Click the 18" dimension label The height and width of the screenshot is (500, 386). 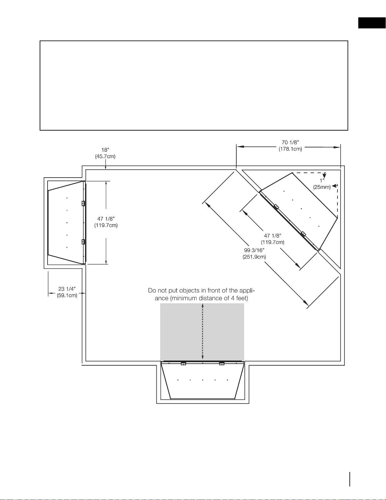click(x=105, y=150)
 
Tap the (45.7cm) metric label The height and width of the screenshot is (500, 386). click(x=105, y=156)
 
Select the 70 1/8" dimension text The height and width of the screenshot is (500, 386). click(x=290, y=143)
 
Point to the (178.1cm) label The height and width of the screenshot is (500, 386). click(x=290, y=149)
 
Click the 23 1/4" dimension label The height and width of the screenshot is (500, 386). click(x=67, y=289)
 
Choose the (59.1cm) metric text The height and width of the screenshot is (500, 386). click(x=67, y=296)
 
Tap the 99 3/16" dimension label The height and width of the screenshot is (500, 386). click(x=254, y=250)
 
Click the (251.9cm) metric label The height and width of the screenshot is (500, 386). click(x=254, y=257)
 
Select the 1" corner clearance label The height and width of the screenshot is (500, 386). click(x=322, y=181)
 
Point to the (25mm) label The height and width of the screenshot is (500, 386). click(x=322, y=187)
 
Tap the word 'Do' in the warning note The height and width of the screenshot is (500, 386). click(x=152, y=291)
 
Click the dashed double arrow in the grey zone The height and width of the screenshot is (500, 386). click(x=202, y=332)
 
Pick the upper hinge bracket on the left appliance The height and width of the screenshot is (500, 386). click(x=83, y=203)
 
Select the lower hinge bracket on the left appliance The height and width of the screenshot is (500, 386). click(x=83, y=242)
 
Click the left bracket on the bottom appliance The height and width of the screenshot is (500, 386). click(x=183, y=363)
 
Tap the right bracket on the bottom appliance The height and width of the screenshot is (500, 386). click(x=222, y=363)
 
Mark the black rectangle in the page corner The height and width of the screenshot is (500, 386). click(x=372, y=23)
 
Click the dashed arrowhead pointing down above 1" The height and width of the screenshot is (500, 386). click(x=325, y=175)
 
